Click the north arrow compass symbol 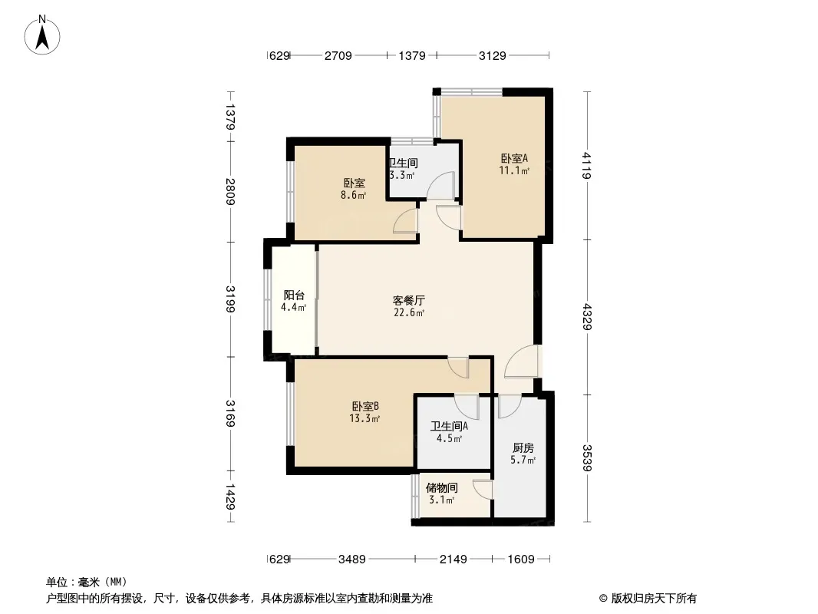click(x=42, y=35)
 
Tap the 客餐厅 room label click(x=408, y=301)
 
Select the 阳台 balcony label click(x=294, y=295)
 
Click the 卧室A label click(x=514, y=158)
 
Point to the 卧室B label click(x=365, y=406)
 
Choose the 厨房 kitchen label click(x=523, y=447)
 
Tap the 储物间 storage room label click(x=442, y=488)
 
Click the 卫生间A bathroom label click(x=449, y=426)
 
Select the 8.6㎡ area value click(x=353, y=196)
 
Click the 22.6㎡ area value click(x=409, y=313)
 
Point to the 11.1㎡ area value click(x=514, y=170)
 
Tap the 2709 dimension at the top click(x=338, y=55)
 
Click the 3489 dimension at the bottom click(x=352, y=560)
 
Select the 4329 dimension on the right click(x=588, y=317)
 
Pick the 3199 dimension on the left click(x=230, y=299)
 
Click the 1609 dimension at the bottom click(x=521, y=560)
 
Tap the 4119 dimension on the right click(x=588, y=165)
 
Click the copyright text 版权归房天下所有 click(x=654, y=599)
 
